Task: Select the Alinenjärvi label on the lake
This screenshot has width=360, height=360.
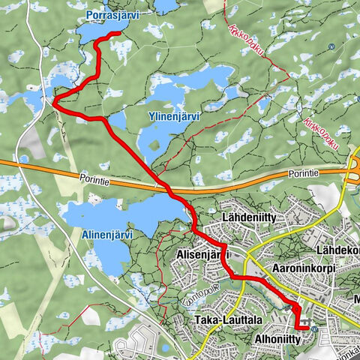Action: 106,234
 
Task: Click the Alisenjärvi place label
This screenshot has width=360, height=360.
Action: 202,256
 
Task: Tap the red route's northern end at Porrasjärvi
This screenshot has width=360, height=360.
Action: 121,33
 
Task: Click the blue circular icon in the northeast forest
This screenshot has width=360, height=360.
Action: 331,46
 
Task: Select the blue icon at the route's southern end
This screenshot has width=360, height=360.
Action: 313,328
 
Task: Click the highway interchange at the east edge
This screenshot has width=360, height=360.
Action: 352,168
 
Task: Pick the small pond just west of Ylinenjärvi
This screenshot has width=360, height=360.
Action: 117,120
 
